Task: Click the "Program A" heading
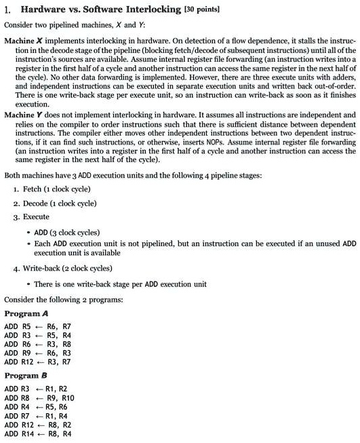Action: tap(27, 313)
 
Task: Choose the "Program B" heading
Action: tap(27, 375)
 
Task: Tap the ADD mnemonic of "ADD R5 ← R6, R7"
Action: tap(11, 326)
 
